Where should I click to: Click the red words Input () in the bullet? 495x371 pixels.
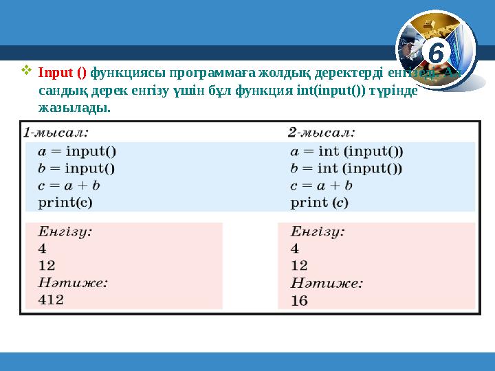[63, 71]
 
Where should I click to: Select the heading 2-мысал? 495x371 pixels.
[321, 132]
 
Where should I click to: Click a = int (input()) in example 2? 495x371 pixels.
[346, 152]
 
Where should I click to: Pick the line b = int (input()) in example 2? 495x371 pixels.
[346, 168]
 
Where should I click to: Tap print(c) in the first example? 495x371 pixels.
[65, 202]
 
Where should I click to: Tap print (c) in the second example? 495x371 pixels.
[320, 202]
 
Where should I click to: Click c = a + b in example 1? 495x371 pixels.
[69, 185]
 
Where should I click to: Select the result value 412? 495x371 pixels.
[52, 299]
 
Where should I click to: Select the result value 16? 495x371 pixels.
[299, 300]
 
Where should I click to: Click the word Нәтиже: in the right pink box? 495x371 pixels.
[327, 282]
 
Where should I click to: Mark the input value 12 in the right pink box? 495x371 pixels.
[299, 265]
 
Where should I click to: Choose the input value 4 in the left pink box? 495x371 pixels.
[43, 248]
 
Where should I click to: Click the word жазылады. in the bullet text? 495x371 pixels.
[74, 109]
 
